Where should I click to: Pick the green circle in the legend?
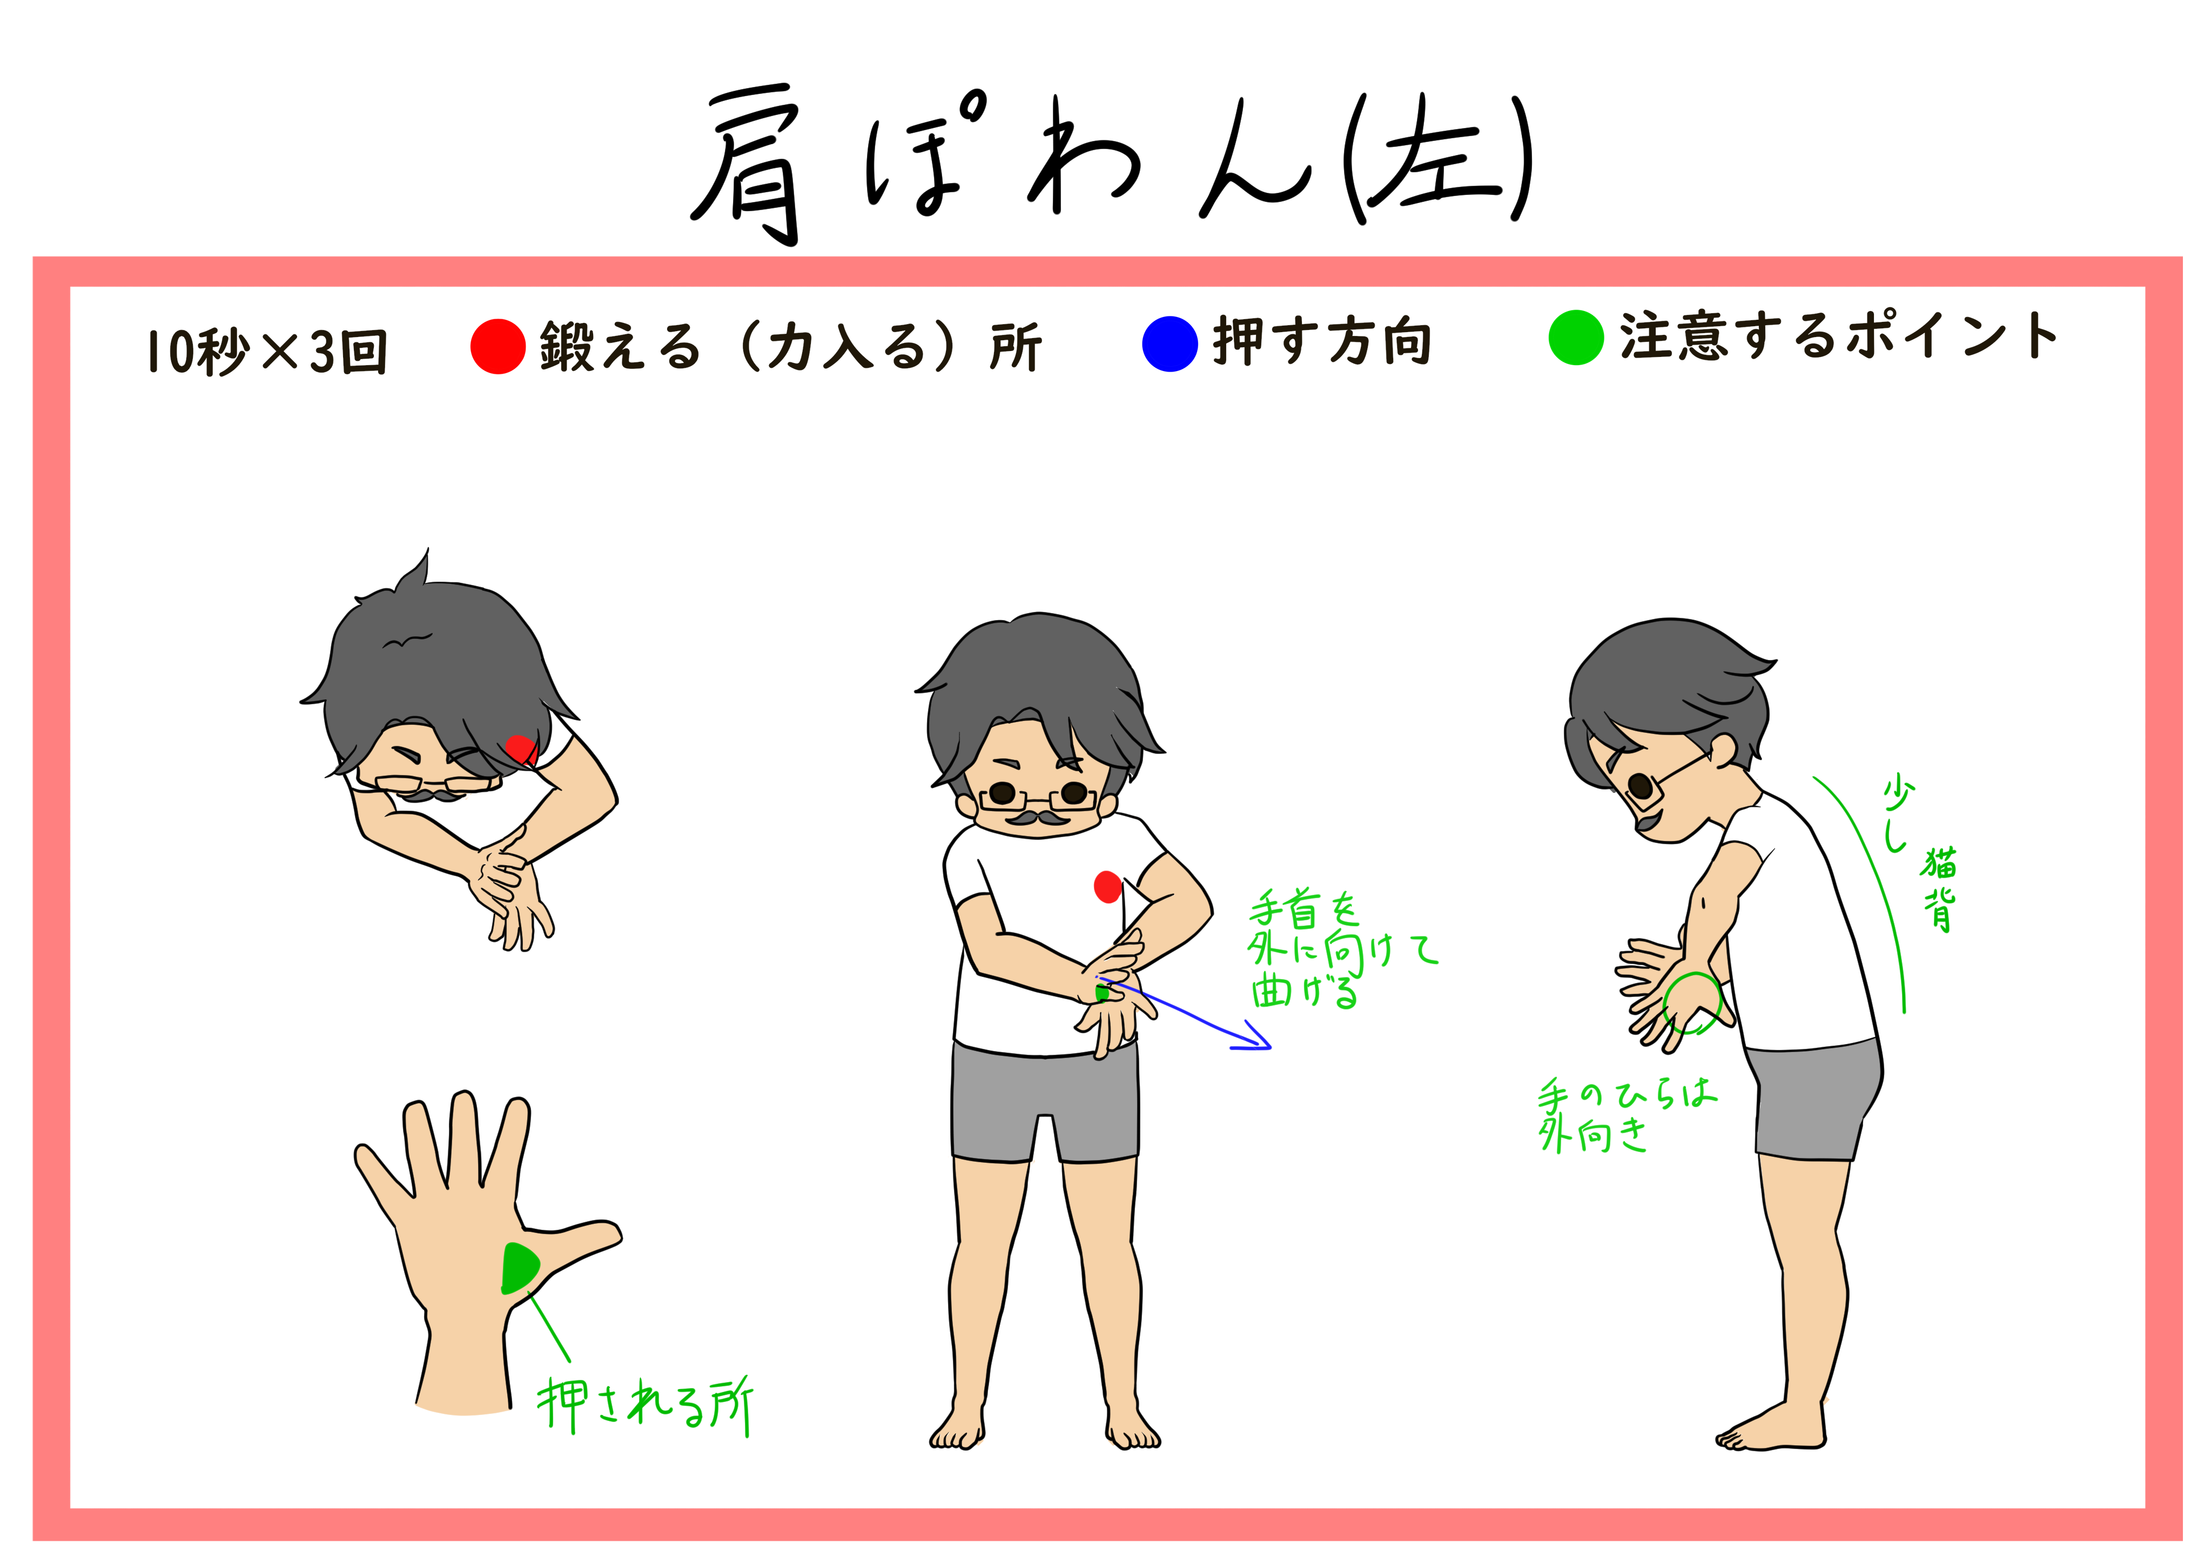[1575, 338]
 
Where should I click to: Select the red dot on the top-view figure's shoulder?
[520, 748]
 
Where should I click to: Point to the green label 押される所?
[645, 1405]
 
